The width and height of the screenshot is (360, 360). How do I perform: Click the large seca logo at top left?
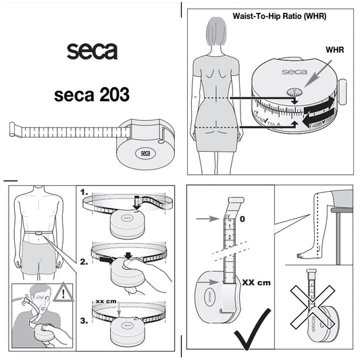click(92, 51)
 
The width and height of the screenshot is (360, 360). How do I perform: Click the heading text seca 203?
click(92, 95)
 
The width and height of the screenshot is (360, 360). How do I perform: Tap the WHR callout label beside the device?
click(334, 50)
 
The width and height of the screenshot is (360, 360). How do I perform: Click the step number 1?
click(84, 192)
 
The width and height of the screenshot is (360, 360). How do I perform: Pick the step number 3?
click(84, 322)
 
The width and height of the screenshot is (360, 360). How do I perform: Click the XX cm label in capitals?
click(255, 282)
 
